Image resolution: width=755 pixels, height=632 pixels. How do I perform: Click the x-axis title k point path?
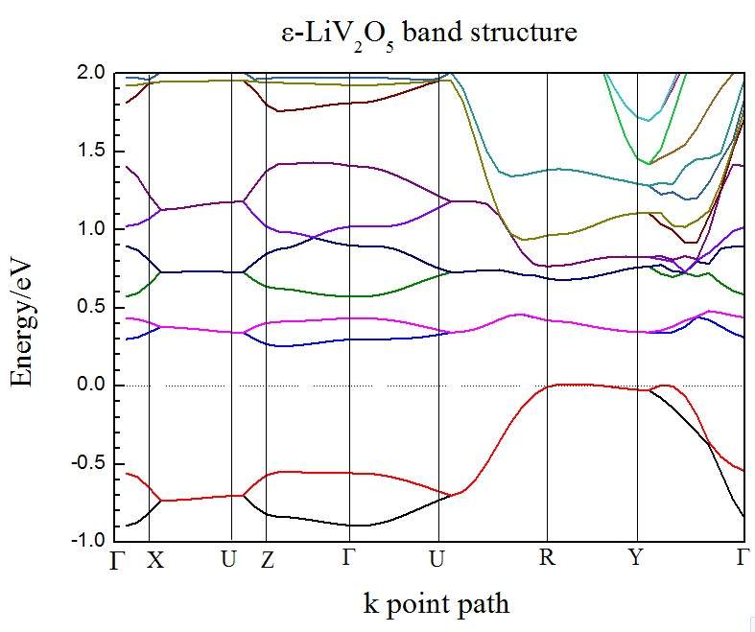pyautogui.click(x=436, y=603)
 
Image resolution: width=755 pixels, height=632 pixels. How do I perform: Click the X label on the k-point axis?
pyautogui.click(x=154, y=560)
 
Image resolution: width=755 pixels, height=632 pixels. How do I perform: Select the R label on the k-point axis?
pyautogui.click(x=547, y=557)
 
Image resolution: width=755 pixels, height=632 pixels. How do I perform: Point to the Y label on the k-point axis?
pyautogui.click(x=635, y=557)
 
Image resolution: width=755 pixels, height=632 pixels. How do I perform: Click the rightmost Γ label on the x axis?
pyautogui.click(x=742, y=557)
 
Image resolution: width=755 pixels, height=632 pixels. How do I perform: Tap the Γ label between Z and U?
pyautogui.click(x=348, y=557)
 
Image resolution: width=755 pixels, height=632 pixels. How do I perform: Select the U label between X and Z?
pyautogui.click(x=228, y=559)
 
